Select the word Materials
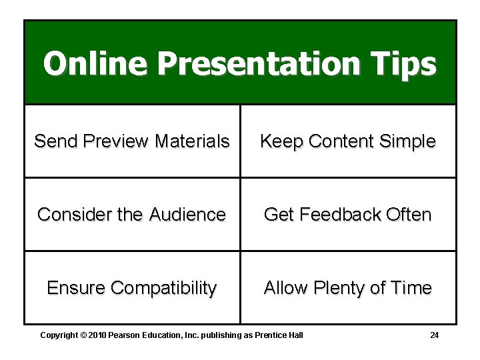192,141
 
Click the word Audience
187,215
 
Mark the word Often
407,215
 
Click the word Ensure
76,288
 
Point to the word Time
411,288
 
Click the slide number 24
434,335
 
